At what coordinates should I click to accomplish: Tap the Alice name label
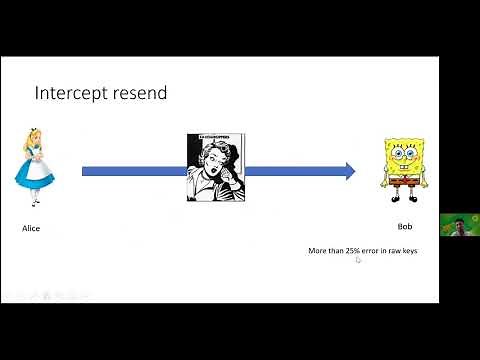pos(31,228)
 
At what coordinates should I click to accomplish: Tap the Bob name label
pos(405,226)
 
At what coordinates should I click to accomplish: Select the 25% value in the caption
pos(353,250)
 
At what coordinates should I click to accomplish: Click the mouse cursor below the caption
pos(358,260)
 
